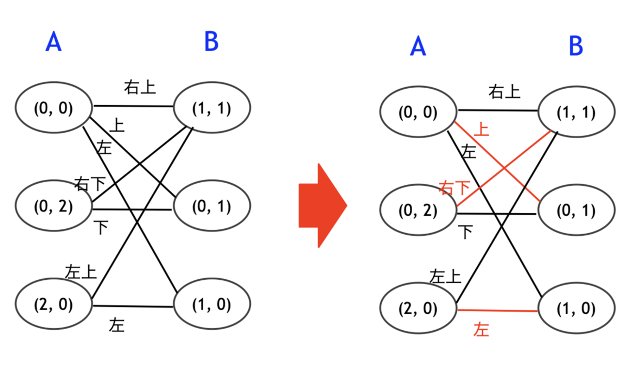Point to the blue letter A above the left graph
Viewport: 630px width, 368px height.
click(x=53, y=43)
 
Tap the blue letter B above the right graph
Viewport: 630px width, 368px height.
click(x=575, y=47)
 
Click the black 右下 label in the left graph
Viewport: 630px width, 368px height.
click(x=90, y=184)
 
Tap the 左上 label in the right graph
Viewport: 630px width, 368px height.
click(x=445, y=276)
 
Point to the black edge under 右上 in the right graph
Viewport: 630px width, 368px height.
click(x=498, y=111)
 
